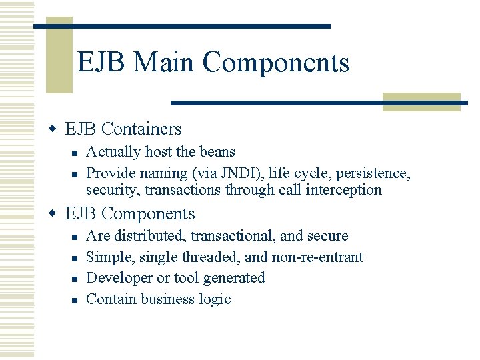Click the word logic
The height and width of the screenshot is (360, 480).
pyautogui.click(x=215, y=299)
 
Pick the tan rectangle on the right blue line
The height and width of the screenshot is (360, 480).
pyautogui.click(x=421, y=102)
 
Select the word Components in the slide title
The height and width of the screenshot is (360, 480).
pyautogui.click(x=276, y=63)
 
